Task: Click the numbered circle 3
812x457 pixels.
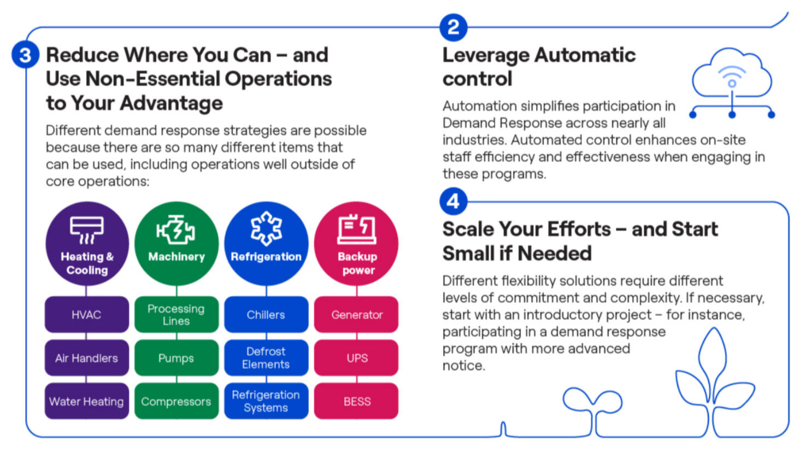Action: coord(25,55)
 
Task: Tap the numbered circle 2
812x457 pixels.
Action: coord(453,27)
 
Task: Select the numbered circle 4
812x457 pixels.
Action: coord(453,202)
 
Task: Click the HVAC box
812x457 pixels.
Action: coord(86,315)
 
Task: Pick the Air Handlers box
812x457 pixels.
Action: coord(86,358)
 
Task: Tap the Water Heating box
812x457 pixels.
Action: coord(86,401)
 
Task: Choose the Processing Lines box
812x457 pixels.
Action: coord(176,315)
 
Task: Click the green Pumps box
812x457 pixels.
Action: coord(176,358)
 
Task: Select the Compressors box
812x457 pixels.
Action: coord(176,401)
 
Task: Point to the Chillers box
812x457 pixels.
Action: coord(266,315)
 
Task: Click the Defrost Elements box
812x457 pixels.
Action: coord(266,358)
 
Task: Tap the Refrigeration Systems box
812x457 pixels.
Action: coord(266,401)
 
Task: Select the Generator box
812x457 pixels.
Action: coord(356,315)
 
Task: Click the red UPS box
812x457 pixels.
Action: coord(356,358)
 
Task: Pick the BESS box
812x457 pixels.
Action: coord(356,401)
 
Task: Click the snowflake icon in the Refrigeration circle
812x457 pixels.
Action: coord(266,228)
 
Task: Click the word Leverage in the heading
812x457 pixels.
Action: coord(486,55)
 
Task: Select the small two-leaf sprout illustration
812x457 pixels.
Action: coord(592,407)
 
